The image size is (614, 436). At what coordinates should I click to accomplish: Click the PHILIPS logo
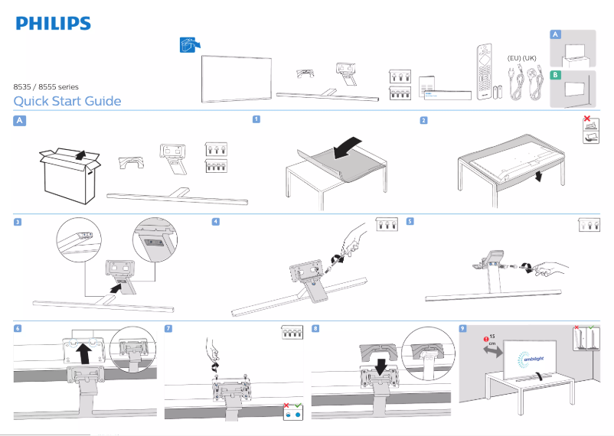(53, 24)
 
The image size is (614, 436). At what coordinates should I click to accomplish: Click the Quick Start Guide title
(67, 102)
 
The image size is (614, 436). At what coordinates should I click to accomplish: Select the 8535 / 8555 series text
(46, 87)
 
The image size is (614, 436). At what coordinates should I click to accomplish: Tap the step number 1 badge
(256, 119)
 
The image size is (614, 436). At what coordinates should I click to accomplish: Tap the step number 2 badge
(423, 120)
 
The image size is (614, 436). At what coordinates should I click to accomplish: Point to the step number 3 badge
(18, 222)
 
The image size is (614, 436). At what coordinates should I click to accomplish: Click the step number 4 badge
(215, 222)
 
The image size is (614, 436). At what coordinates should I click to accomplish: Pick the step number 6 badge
(18, 328)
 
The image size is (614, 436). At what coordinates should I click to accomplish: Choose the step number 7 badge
(168, 328)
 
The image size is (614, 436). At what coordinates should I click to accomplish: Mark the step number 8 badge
(315, 328)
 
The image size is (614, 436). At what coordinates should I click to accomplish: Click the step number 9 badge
(462, 328)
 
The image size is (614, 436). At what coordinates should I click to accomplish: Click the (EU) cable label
(514, 58)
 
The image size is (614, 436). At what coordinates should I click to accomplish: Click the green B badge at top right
(556, 75)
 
